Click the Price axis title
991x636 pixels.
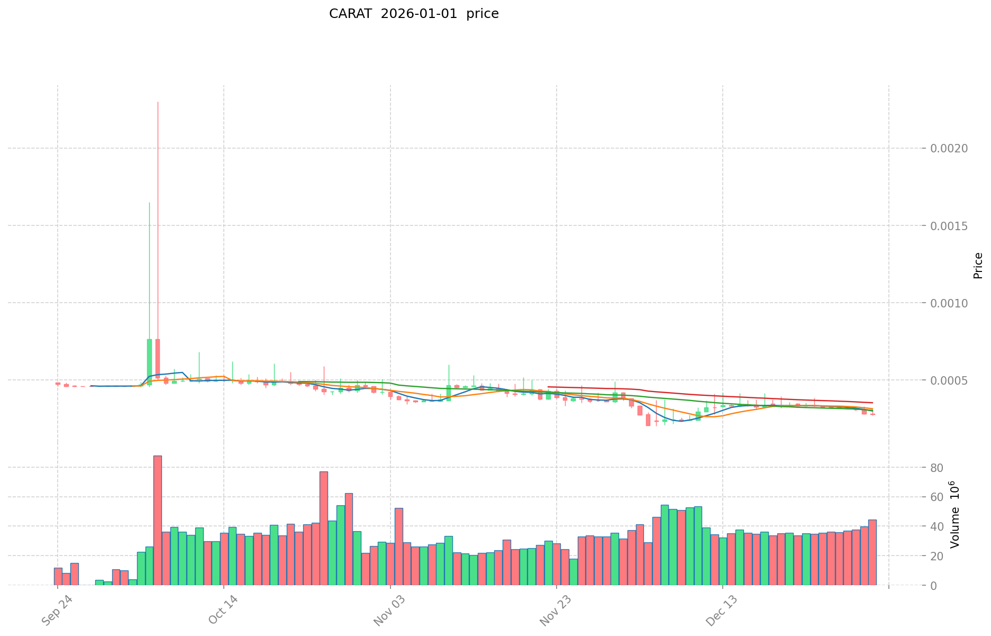978,266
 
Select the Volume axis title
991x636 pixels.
954,514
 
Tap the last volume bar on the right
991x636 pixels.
872,552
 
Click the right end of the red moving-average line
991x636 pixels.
872,403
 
